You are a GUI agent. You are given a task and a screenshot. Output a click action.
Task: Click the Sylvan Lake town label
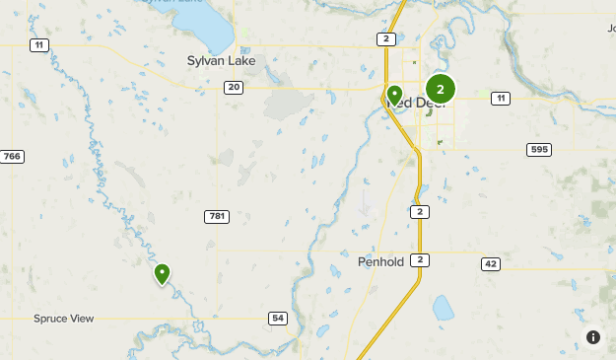tap(221, 61)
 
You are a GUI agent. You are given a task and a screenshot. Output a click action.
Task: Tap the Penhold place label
tap(380, 263)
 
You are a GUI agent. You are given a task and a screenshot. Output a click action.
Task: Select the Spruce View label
tap(63, 319)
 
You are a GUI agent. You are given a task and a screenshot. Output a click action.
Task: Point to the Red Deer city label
tap(419, 104)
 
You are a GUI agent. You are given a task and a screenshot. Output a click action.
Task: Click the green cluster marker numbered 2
tap(440, 89)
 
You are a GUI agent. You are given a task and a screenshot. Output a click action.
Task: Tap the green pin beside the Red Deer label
tap(394, 95)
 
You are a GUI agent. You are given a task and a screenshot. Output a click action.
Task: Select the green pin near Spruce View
tap(162, 273)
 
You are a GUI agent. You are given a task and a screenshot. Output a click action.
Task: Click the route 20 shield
tap(233, 88)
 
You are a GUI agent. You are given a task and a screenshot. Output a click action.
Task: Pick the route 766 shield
tap(12, 157)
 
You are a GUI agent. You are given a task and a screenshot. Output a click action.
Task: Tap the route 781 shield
tap(217, 216)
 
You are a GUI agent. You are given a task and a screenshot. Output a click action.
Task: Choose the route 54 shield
tap(278, 318)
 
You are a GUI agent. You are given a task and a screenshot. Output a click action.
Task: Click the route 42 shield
tap(491, 264)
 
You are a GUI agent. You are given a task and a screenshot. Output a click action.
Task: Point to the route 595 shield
tap(538, 149)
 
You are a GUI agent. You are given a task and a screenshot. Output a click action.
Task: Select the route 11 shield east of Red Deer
tap(501, 98)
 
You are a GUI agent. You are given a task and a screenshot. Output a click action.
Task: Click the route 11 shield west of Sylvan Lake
tap(38, 45)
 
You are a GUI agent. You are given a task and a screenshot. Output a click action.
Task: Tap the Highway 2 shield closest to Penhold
tap(421, 259)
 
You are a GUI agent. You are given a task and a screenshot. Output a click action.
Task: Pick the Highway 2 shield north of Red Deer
tap(386, 38)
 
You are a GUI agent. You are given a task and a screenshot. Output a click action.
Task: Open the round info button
tap(593, 337)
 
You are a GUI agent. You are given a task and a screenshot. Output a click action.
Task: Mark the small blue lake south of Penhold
tap(443, 310)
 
